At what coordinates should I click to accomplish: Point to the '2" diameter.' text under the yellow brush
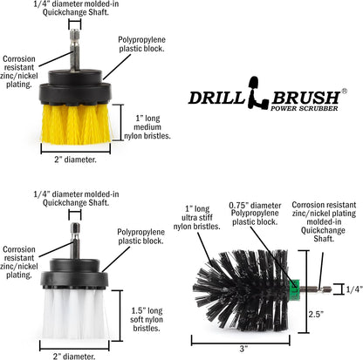click(x=76, y=160)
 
